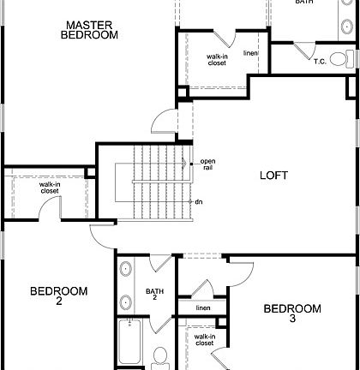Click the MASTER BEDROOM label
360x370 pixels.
[90, 30]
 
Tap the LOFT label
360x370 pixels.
[273, 176]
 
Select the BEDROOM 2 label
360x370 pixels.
[58, 295]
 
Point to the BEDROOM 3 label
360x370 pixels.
[291, 313]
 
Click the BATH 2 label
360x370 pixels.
[154, 294]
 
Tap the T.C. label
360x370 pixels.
[319, 61]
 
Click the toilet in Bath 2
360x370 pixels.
[160, 356]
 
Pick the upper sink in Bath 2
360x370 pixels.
[126, 269]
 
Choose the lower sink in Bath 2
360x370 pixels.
[126, 301]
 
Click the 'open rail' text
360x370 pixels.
[208, 165]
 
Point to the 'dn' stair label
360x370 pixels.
[198, 201]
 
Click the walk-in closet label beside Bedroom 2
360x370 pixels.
[50, 188]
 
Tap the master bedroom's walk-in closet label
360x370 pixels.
[217, 60]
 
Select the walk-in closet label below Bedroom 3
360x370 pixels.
[205, 341]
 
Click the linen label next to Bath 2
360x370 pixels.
[202, 307]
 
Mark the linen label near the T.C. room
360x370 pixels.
[250, 53]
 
